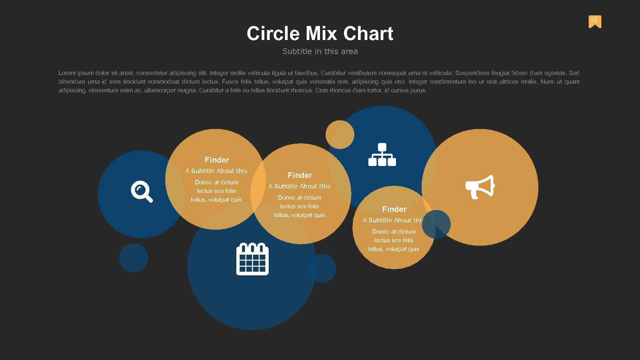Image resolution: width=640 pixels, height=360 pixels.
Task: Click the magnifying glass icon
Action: point(142,191)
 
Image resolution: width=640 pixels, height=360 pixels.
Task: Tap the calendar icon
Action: point(252,259)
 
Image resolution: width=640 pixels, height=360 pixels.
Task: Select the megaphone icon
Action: point(480,187)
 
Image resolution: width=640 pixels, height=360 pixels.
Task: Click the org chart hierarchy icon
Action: point(382,155)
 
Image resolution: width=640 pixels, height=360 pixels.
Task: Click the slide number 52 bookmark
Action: point(595,21)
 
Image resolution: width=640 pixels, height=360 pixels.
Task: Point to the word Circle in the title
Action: point(273,34)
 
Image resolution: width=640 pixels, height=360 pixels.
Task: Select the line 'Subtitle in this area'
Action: point(320,51)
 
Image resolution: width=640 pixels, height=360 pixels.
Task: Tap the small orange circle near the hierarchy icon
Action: point(340,135)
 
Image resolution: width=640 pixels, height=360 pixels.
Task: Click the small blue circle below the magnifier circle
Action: point(134,258)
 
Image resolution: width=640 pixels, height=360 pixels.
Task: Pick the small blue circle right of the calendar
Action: point(322,268)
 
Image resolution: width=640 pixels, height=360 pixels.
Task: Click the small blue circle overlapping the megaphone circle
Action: point(436,224)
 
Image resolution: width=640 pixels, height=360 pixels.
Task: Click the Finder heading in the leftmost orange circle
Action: point(217,160)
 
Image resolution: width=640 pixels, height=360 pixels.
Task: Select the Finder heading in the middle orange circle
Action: point(300,175)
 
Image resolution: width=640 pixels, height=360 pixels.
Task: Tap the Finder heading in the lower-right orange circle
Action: point(394,209)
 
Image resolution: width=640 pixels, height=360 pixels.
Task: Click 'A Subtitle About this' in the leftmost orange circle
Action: point(216,171)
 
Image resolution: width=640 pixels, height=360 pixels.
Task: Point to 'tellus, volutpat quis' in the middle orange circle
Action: point(299,215)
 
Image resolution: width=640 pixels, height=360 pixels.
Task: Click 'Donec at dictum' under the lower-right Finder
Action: point(394,232)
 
